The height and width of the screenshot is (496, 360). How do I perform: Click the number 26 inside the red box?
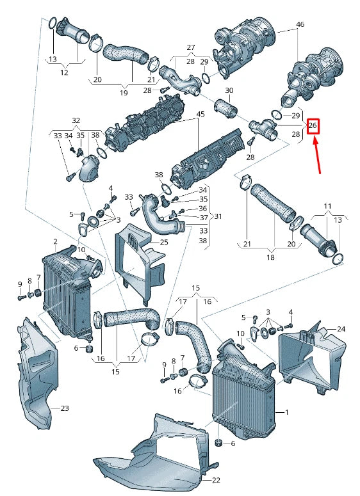[x=313, y=125]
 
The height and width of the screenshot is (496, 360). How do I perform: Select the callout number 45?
[x=200, y=115]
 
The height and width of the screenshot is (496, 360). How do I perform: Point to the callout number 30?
[x=229, y=90]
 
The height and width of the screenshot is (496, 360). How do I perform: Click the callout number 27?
[x=190, y=48]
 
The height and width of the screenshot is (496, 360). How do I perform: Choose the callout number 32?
[x=76, y=120]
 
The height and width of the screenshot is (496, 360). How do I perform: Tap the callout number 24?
[x=341, y=329]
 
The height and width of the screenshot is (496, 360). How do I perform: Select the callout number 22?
[x=215, y=480]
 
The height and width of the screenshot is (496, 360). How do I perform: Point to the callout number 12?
[x=64, y=72]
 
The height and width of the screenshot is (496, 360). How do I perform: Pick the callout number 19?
[x=124, y=92]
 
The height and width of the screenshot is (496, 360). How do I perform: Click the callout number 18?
[x=270, y=257]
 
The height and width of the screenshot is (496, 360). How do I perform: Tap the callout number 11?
[x=327, y=206]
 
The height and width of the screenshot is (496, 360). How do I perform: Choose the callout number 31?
[x=218, y=216]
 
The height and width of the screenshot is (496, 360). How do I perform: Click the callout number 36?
[x=202, y=208]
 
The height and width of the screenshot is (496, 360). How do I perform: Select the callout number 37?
[x=202, y=218]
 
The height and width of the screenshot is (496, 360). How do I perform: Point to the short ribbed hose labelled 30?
[x=226, y=106]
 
